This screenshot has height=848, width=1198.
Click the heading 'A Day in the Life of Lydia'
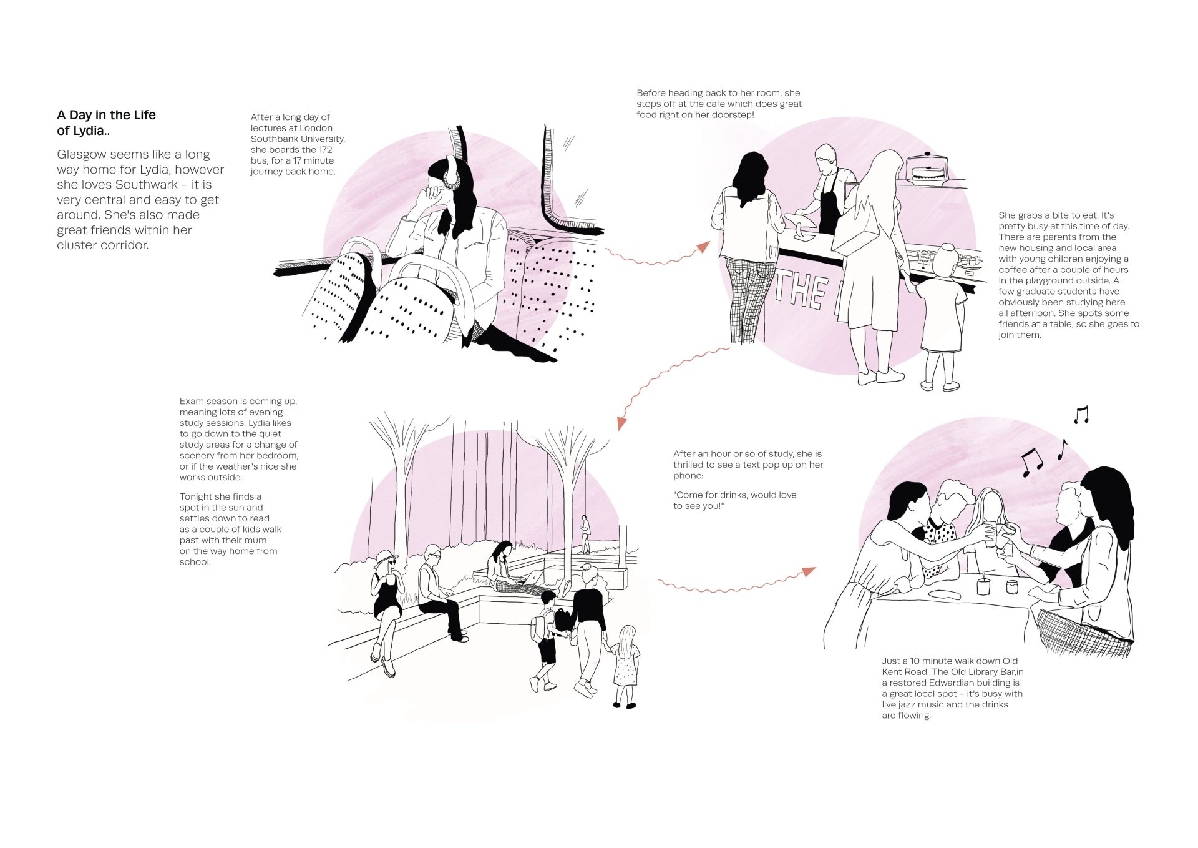[x=106, y=122]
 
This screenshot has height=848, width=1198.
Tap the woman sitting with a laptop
[x=509, y=568]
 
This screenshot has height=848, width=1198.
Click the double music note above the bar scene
[x=1031, y=461]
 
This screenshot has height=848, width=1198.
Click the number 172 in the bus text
[x=324, y=150]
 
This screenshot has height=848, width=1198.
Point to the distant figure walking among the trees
[x=585, y=535]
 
